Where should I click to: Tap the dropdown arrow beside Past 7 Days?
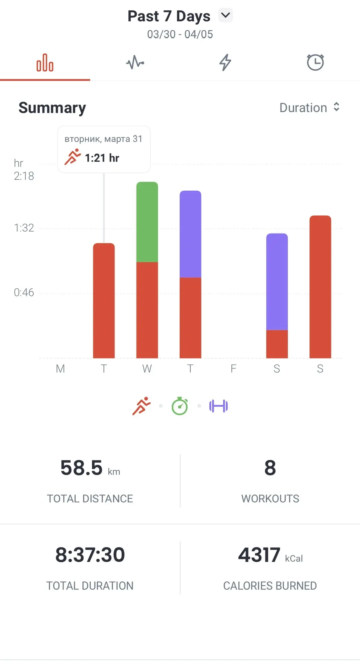click(226, 15)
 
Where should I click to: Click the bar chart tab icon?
click(45, 63)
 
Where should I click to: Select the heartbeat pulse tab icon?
click(135, 63)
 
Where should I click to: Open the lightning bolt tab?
click(225, 62)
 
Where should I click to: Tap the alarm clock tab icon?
click(315, 62)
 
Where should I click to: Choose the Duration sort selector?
click(310, 108)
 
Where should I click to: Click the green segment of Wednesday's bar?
click(147, 222)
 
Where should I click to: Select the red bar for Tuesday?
click(104, 301)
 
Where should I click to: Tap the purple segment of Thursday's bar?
click(190, 234)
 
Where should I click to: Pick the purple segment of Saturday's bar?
click(277, 282)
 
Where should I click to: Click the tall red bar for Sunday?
click(320, 287)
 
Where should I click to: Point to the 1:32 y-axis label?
click(24, 228)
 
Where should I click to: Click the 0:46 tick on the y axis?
click(24, 293)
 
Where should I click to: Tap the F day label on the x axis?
click(233, 369)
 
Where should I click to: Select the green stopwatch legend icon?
click(180, 406)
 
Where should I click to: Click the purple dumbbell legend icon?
click(219, 406)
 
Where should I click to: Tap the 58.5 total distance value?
click(82, 468)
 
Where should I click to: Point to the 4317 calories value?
click(259, 555)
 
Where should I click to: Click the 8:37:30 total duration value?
click(90, 555)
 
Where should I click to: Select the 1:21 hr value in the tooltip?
click(102, 158)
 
